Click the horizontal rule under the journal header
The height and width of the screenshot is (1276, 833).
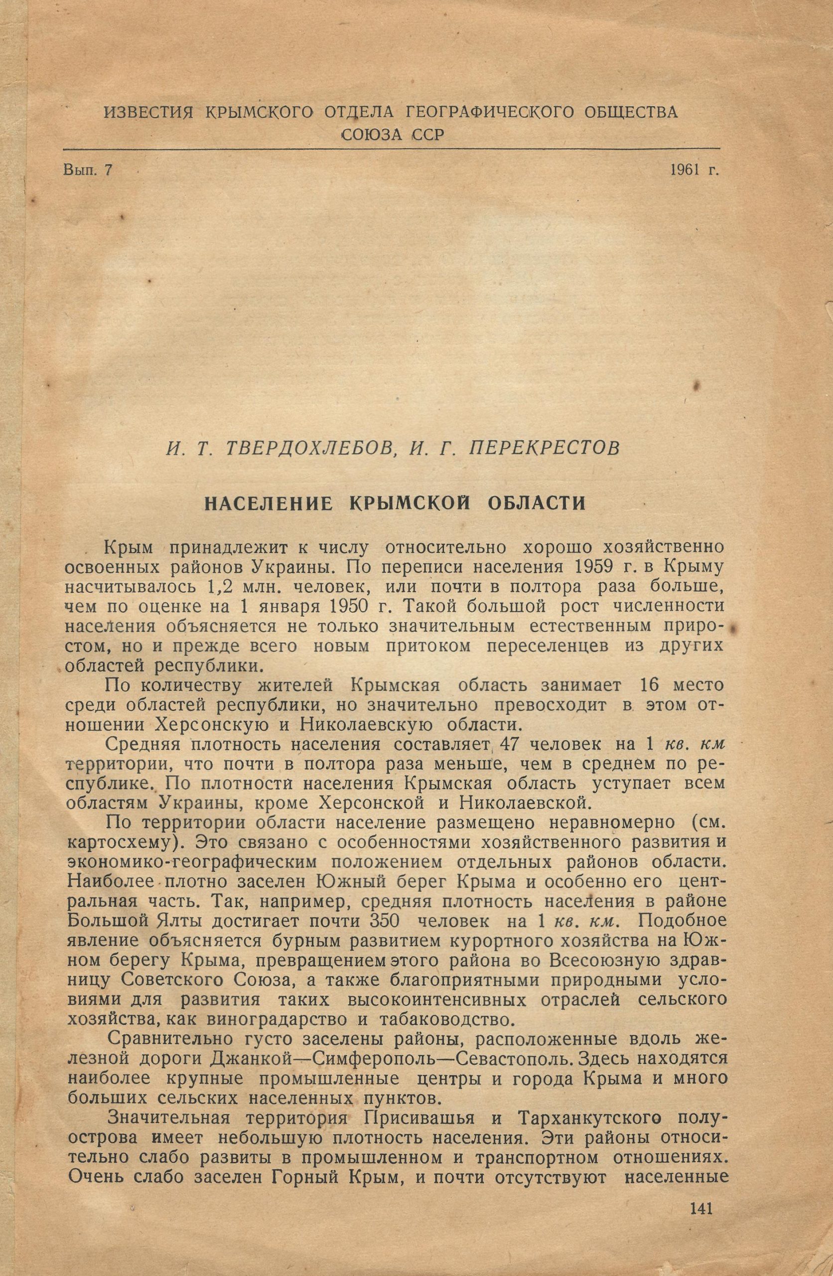click(391, 149)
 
